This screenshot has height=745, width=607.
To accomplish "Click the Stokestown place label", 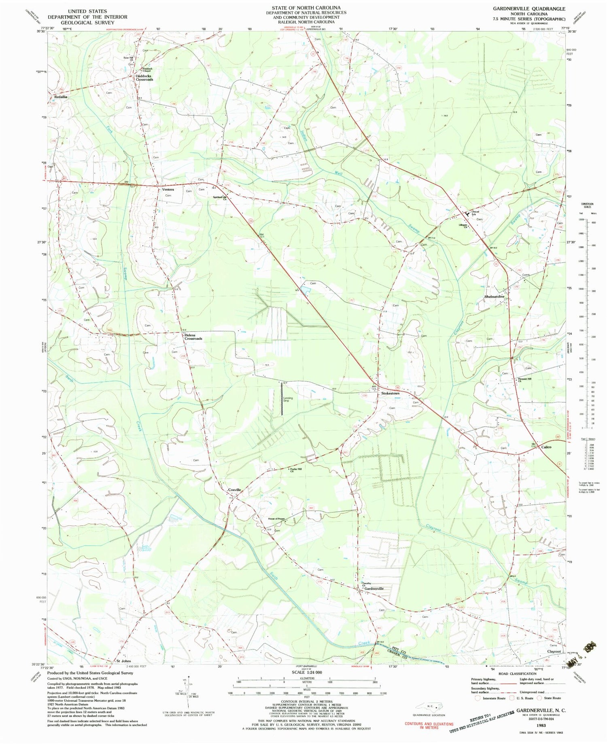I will pyautogui.click(x=390, y=393).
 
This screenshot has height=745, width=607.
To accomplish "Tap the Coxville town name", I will pyautogui.click(x=234, y=490).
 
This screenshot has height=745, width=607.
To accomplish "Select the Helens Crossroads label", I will pyautogui.click(x=193, y=337).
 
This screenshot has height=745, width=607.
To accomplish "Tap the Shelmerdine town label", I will pyautogui.click(x=495, y=296).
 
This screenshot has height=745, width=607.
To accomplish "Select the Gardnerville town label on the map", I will pyautogui.click(x=374, y=588).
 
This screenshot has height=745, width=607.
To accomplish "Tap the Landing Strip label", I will pyautogui.click(x=288, y=400).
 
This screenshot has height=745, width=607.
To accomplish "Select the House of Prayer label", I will pyautogui.click(x=276, y=519).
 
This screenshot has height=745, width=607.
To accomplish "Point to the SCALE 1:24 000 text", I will pyautogui.click(x=306, y=672).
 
